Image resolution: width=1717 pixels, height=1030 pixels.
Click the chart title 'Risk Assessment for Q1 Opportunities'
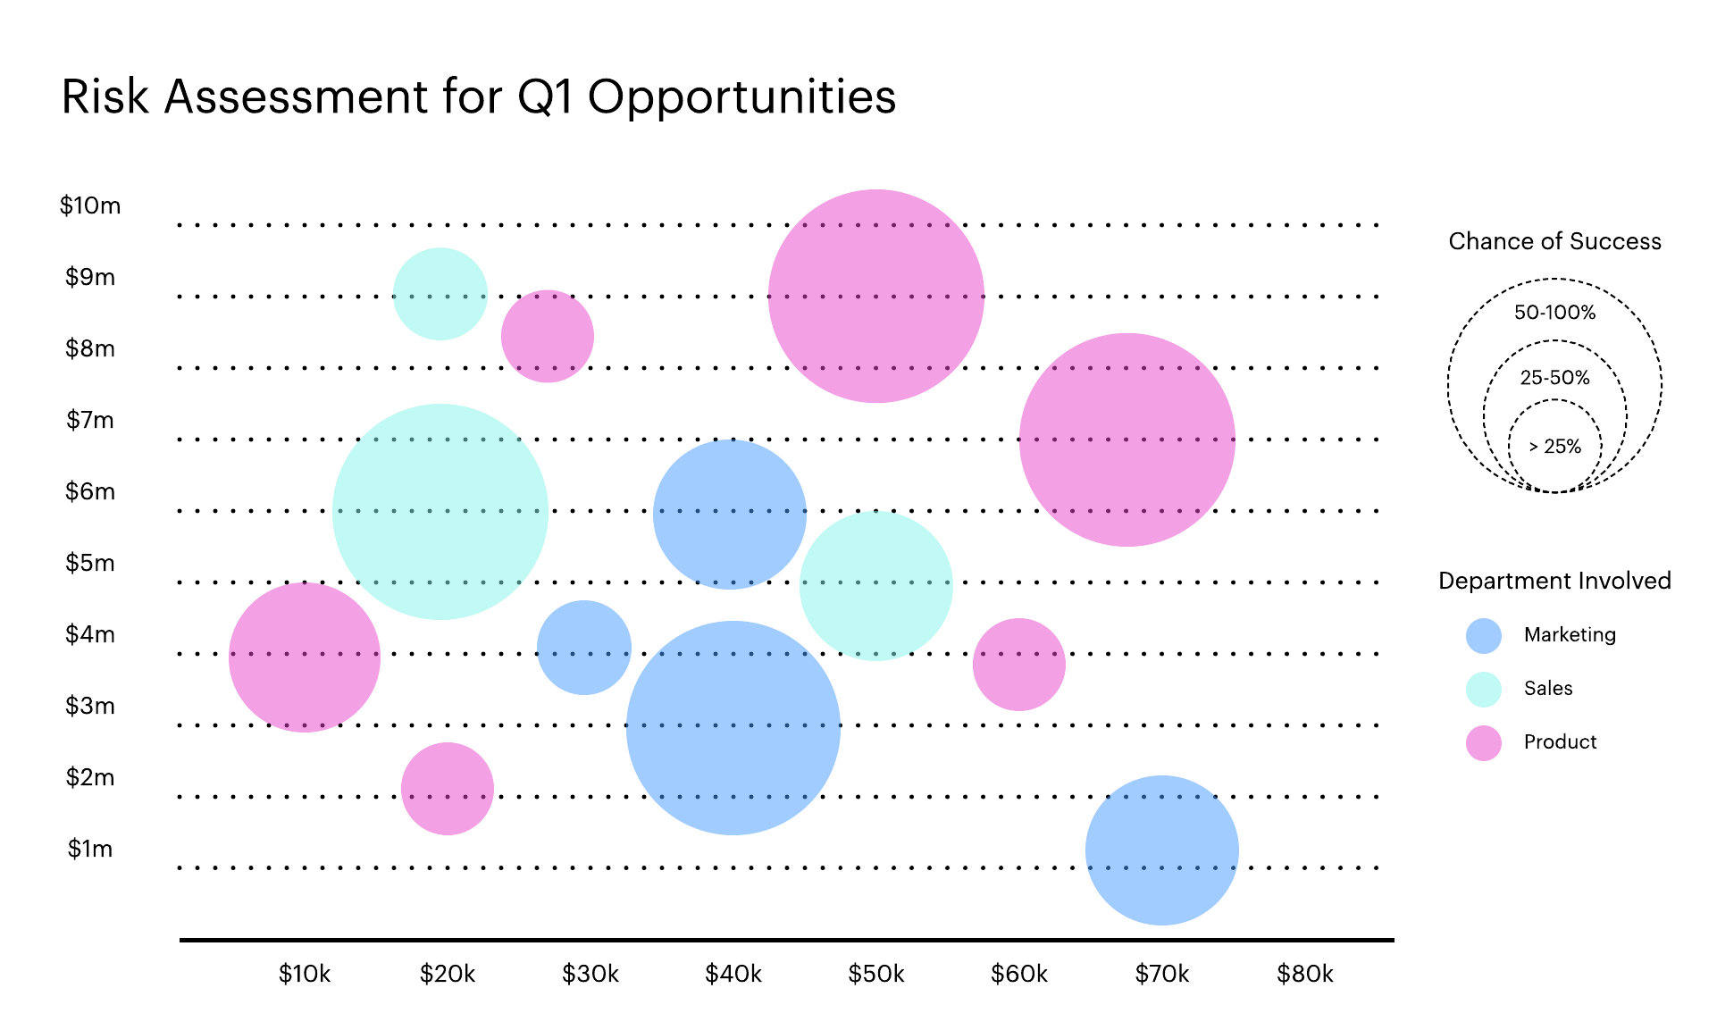coord(478,96)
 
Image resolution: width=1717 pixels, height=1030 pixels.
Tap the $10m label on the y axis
coord(90,205)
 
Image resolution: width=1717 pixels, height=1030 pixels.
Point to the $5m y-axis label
coord(90,563)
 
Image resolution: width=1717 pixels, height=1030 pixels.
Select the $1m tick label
coord(90,849)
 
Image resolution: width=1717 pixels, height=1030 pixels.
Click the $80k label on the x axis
coord(1304,974)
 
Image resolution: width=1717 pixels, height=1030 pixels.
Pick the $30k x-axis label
coord(590,974)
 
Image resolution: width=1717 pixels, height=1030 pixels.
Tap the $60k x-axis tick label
coord(1018,974)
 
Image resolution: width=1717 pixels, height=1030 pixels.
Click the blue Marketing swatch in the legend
coord(1483,635)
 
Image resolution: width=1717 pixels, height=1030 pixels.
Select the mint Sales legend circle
coord(1483,689)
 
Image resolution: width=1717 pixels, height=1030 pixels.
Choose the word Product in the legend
coord(1560,741)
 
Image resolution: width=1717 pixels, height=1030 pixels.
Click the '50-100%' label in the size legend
coord(1554,313)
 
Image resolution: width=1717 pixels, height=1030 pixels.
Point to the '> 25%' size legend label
coord(1554,447)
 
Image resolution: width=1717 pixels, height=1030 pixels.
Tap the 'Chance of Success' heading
coord(1554,241)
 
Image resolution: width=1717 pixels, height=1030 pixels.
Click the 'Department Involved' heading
coord(1554,581)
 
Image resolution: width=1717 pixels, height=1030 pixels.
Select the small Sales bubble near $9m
coord(440,293)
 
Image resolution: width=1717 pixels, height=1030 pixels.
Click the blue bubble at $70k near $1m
coord(1161,850)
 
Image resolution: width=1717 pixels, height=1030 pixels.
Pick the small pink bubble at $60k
coord(1018,664)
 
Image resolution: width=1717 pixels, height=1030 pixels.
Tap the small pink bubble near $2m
coord(447,788)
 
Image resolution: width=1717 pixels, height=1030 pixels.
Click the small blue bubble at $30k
coord(583,647)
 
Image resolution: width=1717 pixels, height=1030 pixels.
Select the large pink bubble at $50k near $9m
coord(875,296)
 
